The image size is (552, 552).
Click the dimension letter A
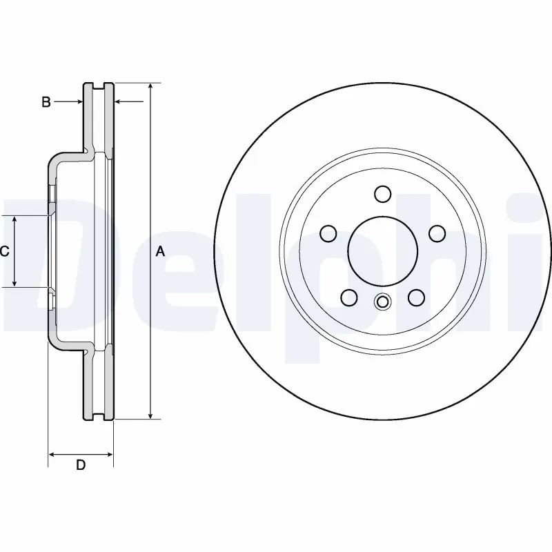point(160,252)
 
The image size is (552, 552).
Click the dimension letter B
point(46,102)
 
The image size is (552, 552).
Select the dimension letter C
point(4,252)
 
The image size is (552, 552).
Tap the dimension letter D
point(81,465)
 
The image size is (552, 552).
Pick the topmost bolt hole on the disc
point(382,194)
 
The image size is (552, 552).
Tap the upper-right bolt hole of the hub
point(436,234)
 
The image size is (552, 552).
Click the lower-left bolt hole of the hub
point(349,297)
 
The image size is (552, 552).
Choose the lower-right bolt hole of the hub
point(415,297)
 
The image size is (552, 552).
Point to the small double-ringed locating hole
point(382,302)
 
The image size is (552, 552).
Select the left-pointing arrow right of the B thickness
point(119,102)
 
